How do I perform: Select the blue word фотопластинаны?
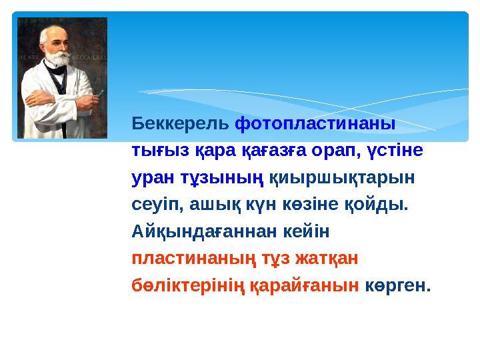316,124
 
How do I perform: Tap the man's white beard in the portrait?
57,63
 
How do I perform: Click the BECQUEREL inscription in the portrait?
91,58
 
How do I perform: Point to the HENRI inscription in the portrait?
27,58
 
